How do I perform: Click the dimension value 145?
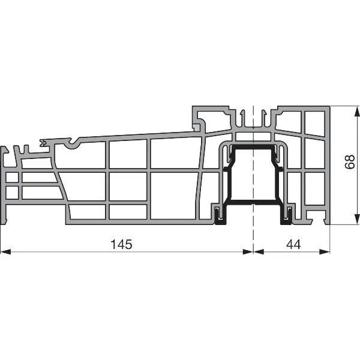tap(121, 244)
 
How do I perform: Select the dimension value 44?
tap(293, 244)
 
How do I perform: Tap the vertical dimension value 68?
tap(350, 162)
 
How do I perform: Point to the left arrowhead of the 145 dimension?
tap(6, 251)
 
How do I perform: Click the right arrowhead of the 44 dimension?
tap(325, 251)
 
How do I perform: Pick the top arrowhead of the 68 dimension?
tap(357, 112)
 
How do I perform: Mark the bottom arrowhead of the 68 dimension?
tap(357, 219)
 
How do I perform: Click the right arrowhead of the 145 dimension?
tap(248, 251)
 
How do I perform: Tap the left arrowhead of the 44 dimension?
tap(259, 251)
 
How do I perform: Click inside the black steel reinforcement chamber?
tap(253, 175)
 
